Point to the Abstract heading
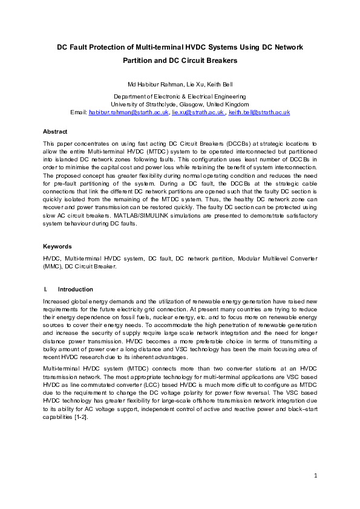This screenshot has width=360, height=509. click(x=55, y=131)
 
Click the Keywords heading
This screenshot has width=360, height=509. click(x=57, y=247)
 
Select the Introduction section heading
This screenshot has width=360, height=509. click(x=79, y=290)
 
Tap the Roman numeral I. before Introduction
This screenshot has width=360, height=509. click(x=45, y=290)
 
